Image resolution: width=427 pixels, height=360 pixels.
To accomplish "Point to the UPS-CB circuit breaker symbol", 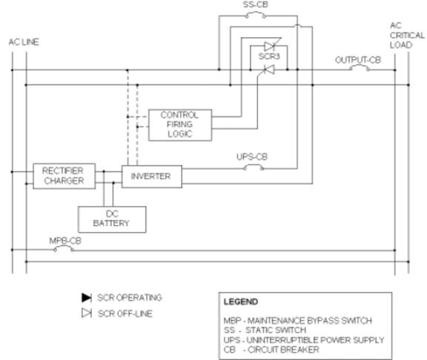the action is [x=254, y=167].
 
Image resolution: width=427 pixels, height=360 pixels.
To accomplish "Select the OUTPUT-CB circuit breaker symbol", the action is [x=360, y=68].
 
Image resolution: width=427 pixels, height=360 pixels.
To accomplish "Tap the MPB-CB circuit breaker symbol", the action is [x=64, y=248].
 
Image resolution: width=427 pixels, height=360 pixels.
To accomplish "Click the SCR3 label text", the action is [x=269, y=56].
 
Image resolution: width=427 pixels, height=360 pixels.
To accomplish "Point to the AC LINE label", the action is [x=24, y=42].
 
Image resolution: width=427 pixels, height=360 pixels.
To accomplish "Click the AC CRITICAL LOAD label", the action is [x=407, y=35].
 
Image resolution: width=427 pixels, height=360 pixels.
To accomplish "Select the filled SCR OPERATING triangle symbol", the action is [x=87, y=298].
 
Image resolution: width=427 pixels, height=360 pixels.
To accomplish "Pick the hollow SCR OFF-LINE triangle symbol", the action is [x=87, y=313].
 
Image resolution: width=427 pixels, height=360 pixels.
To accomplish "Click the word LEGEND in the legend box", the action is [x=241, y=301].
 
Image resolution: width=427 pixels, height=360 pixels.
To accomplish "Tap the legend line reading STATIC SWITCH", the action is [x=265, y=330].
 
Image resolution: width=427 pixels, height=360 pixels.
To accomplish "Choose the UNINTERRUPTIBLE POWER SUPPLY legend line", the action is [x=304, y=340].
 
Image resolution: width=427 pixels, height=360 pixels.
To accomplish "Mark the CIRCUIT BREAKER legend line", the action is [x=271, y=350].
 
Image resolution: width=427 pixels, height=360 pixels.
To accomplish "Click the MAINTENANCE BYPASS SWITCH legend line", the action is [x=298, y=321].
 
